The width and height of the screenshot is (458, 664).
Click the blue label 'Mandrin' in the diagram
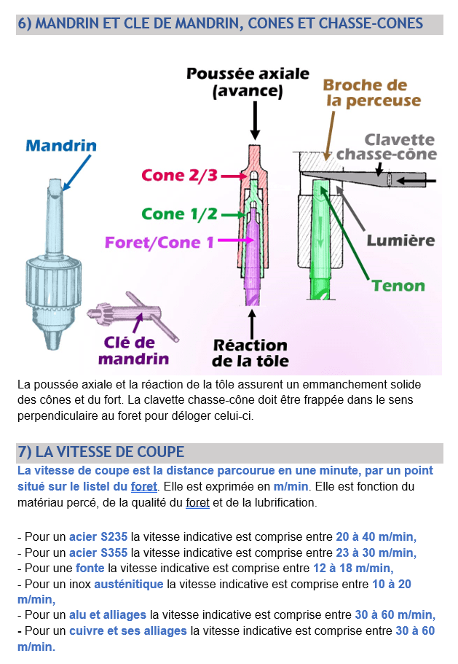tap(61, 145)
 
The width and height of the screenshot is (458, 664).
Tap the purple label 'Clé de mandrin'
tap(133, 350)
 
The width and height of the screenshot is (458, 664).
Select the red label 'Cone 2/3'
tap(178, 176)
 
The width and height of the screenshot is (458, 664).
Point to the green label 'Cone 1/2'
tap(179, 214)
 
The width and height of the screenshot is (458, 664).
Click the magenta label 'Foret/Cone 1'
tap(159, 241)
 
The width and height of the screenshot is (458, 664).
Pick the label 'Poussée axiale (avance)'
tap(248, 82)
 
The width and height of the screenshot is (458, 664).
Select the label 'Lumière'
tap(400, 240)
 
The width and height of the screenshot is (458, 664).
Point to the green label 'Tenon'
tap(398, 285)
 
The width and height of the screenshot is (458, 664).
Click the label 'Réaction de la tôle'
tap(250, 353)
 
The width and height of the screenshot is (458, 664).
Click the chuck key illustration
tap(134, 316)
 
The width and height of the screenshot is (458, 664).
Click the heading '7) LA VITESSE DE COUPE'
tap(100, 452)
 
